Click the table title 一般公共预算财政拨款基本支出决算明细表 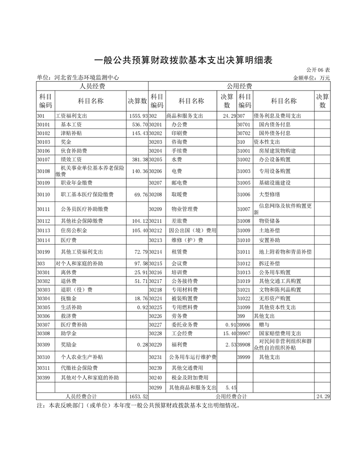click(x=183, y=61)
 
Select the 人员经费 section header click(x=92, y=86)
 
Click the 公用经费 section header click(x=239, y=86)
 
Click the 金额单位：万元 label click(x=311, y=78)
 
